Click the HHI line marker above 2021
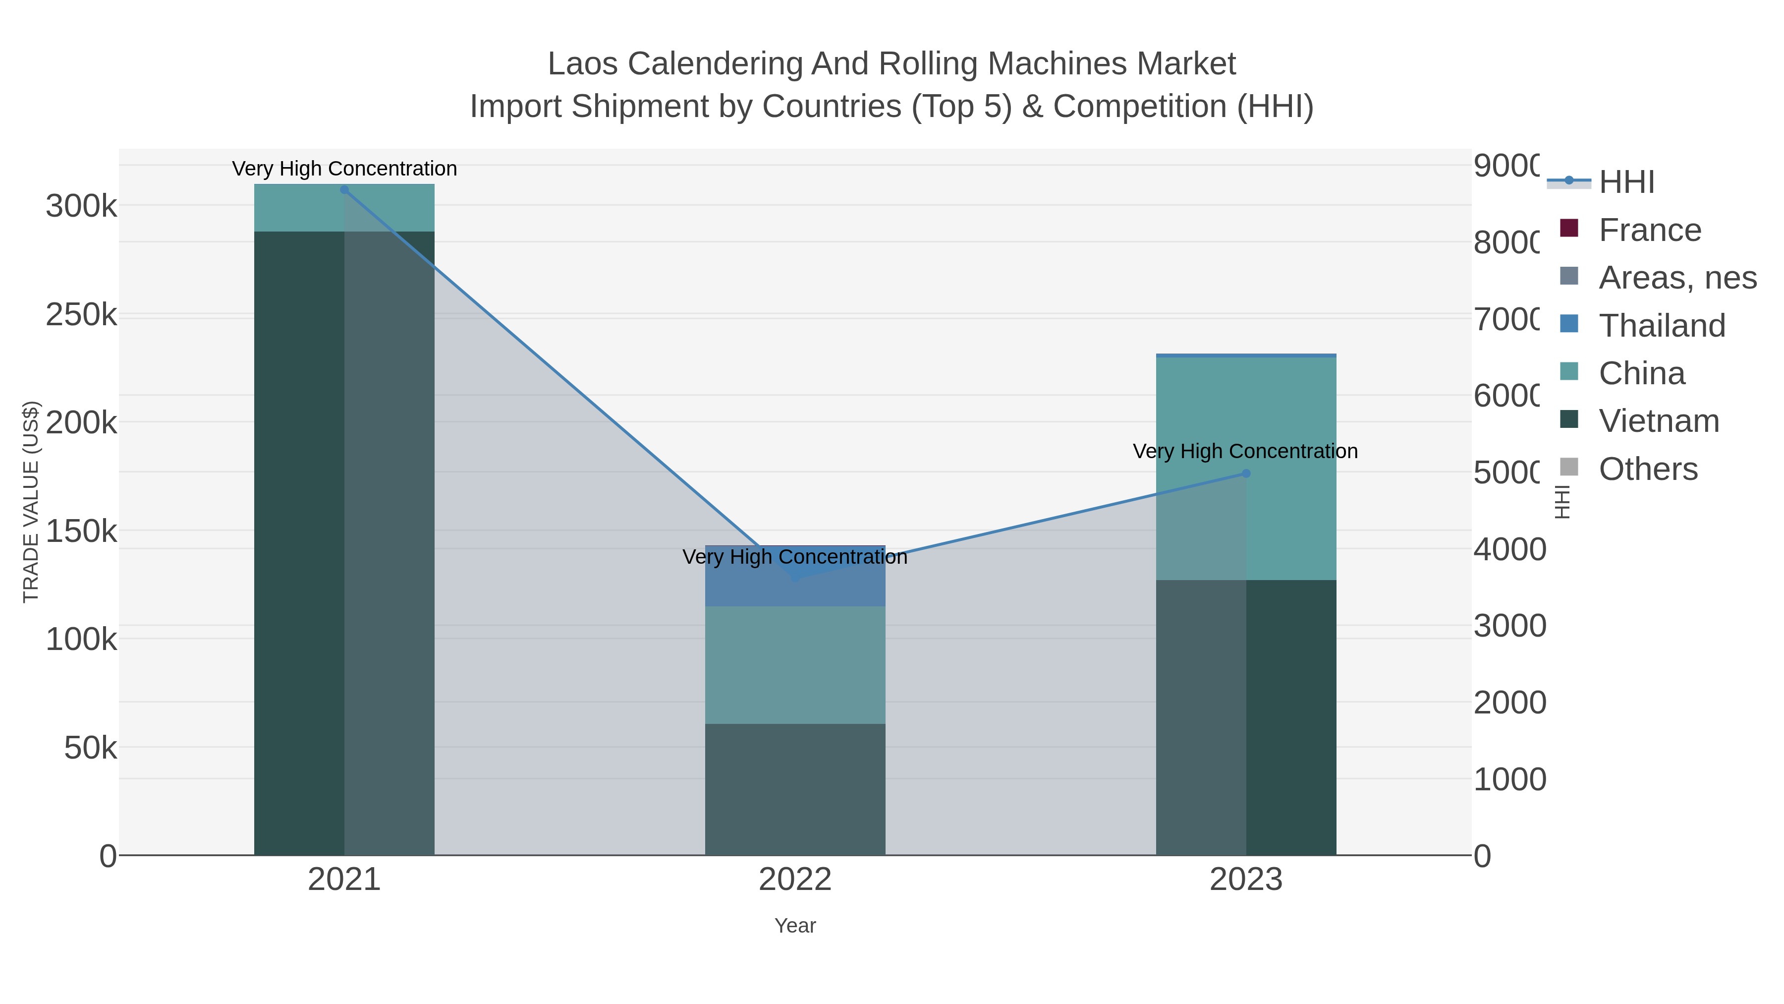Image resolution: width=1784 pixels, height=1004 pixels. (x=344, y=190)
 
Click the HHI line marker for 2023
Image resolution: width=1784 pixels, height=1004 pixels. (x=1246, y=474)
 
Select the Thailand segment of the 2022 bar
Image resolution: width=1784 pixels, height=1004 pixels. (x=795, y=589)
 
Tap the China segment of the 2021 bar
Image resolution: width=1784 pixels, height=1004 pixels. (x=344, y=208)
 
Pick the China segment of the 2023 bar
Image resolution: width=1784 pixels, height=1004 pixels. (x=1246, y=416)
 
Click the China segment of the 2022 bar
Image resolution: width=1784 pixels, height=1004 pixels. (x=795, y=665)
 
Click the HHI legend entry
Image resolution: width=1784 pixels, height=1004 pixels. (x=1626, y=182)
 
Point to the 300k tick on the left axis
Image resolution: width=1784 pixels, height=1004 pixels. (x=81, y=206)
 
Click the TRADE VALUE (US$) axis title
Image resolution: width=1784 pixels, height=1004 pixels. (x=31, y=502)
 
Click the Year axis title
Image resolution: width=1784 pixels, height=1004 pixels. (x=795, y=926)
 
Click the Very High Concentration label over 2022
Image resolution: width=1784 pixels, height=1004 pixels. (x=795, y=557)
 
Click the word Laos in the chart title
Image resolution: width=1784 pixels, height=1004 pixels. (x=582, y=64)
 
